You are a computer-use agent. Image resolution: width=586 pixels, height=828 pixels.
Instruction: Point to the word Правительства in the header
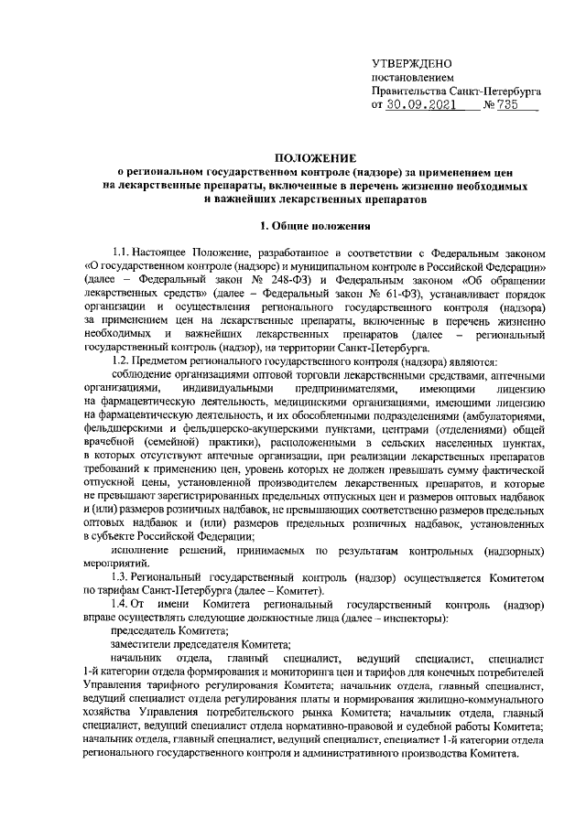point(410,92)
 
